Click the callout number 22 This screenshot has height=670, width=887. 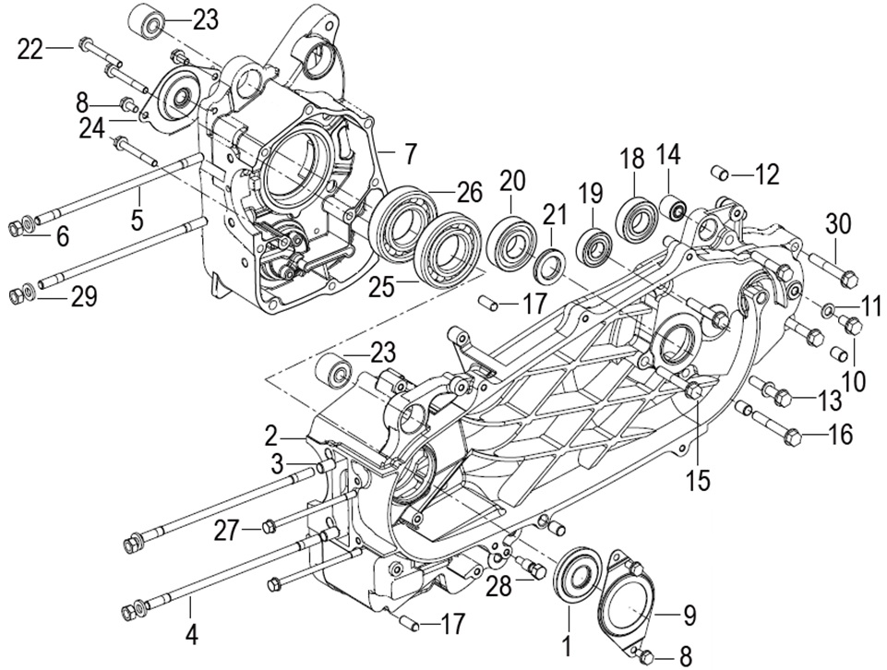pos(31,50)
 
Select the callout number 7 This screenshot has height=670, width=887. pos(410,150)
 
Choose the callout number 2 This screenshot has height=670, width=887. pos(271,434)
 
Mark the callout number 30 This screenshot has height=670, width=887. pos(838,224)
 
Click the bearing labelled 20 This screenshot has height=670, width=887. pos(509,241)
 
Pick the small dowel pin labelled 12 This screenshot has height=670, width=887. pos(718,172)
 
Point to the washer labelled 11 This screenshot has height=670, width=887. pos(827,308)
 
